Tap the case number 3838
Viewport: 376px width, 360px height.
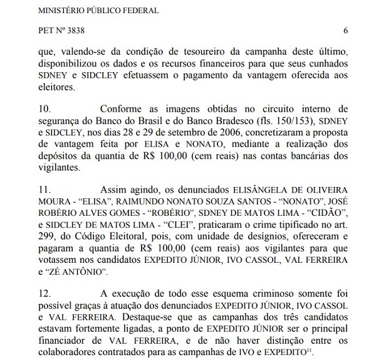tap(80, 30)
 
